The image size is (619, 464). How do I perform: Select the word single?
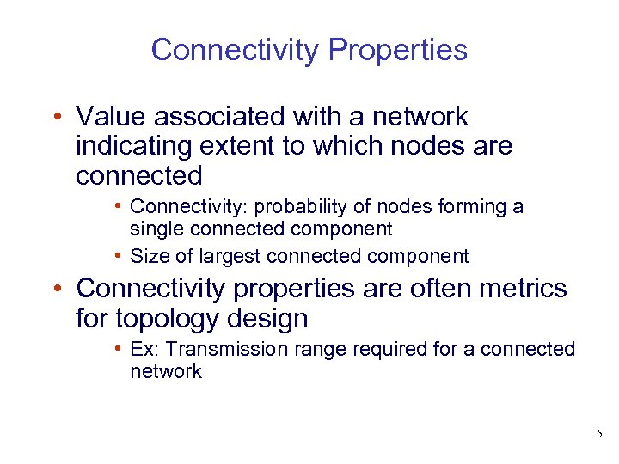(155, 229)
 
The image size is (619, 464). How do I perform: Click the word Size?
(146, 256)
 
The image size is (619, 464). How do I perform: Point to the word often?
(408, 289)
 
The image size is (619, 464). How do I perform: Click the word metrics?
(518, 289)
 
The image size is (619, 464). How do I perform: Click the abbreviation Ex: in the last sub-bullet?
(143, 350)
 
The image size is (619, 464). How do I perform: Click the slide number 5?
(599, 435)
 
